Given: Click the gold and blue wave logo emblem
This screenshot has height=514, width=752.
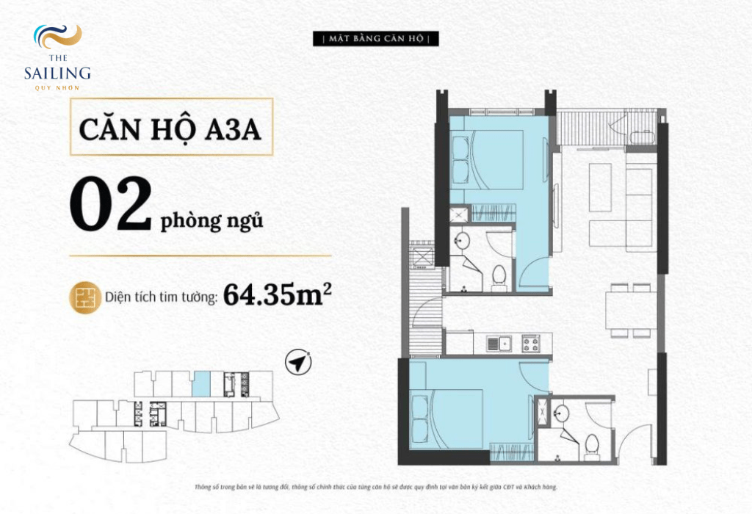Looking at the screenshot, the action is click(57, 37).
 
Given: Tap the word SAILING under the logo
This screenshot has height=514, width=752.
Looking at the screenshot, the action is click(57, 73).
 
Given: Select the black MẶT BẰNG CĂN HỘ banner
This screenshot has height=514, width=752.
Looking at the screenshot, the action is click(375, 39).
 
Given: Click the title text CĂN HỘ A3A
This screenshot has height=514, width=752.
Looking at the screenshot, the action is click(170, 129).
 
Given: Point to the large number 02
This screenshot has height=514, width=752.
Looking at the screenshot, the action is click(111, 204).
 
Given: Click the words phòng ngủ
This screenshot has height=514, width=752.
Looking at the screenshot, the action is click(211, 220).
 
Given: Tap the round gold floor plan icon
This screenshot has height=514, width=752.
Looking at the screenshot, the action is click(85, 298).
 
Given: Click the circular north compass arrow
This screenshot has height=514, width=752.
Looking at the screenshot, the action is click(298, 363).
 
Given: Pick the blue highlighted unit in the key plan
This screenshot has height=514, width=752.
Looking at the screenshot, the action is click(201, 383).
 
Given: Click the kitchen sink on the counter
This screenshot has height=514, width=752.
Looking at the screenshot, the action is click(499, 344).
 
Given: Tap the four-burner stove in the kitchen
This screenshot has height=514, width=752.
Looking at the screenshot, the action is click(532, 344).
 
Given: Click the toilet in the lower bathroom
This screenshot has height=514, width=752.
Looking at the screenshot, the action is click(592, 447).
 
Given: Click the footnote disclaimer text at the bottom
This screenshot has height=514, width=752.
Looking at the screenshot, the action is click(376, 487).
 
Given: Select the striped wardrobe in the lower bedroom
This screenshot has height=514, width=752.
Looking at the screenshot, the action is click(511, 453).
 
